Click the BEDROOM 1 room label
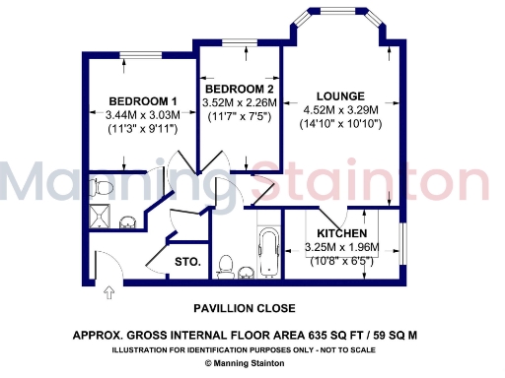click(142, 101)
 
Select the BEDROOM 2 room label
click(237, 85)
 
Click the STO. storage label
click(187, 262)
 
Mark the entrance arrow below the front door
click(108, 290)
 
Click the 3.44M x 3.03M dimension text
click(142, 115)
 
